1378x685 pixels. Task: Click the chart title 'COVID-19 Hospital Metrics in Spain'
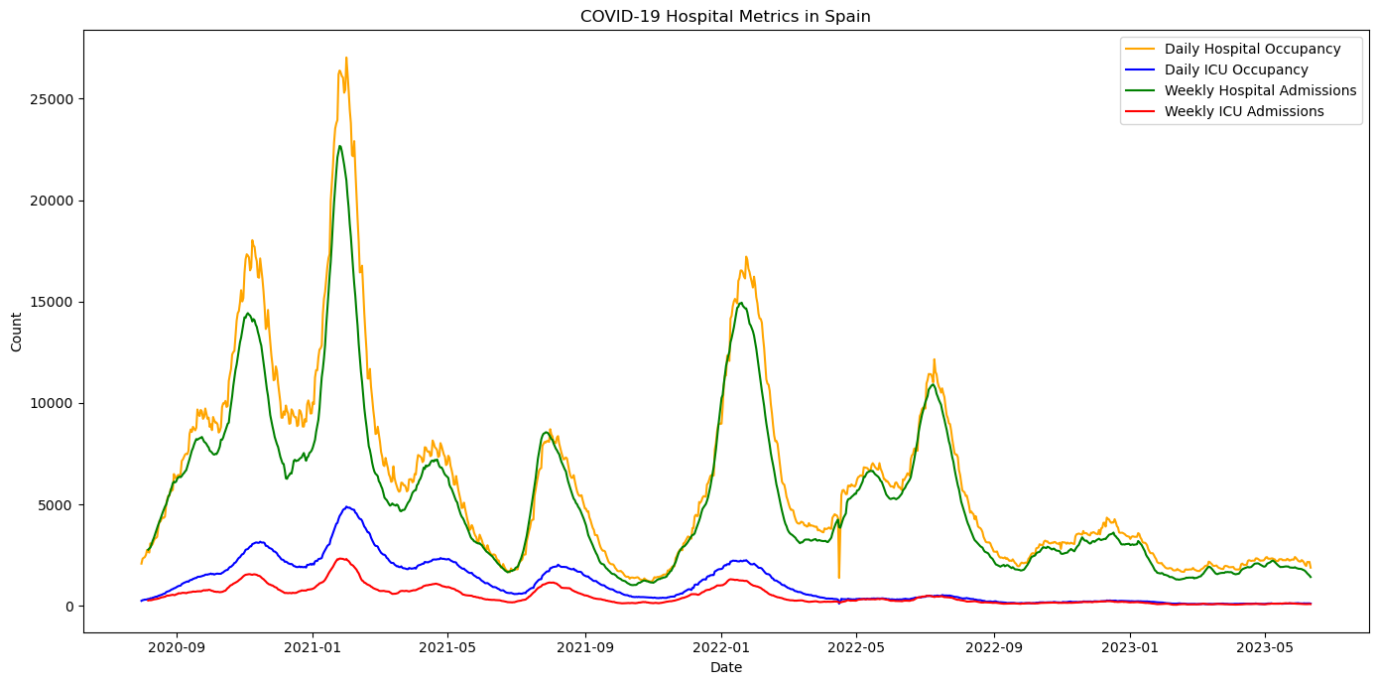(x=725, y=16)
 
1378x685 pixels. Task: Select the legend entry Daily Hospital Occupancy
(x=1252, y=49)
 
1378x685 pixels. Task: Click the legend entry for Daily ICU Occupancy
(x=1236, y=69)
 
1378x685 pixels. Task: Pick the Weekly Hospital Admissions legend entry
(x=1260, y=90)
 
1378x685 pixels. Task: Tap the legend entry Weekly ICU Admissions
(x=1244, y=111)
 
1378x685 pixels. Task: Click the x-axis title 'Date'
(x=725, y=668)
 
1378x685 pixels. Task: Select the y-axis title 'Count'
(x=17, y=332)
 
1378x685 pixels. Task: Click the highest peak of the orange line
(x=346, y=58)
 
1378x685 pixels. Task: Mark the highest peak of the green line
(x=339, y=146)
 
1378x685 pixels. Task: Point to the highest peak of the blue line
(x=347, y=506)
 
